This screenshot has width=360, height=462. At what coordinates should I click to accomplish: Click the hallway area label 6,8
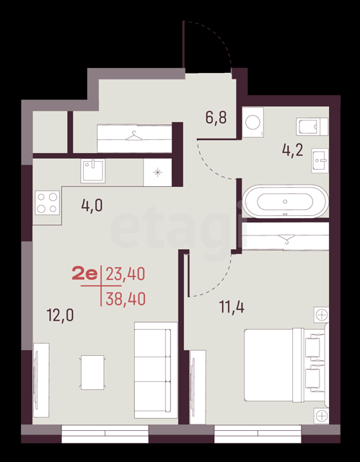coord(216,118)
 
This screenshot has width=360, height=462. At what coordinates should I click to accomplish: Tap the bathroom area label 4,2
coord(293,151)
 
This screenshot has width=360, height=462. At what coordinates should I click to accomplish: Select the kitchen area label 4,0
coord(92,205)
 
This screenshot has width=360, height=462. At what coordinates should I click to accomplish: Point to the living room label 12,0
coord(61,315)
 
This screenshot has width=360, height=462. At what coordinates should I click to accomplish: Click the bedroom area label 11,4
coord(232,308)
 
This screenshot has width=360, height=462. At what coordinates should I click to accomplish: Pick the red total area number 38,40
coord(126,300)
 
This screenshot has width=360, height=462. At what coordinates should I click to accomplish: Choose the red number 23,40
coord(126,274)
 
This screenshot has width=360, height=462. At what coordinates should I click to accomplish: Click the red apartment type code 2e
coord(84,274)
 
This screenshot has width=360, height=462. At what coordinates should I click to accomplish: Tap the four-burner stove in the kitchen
coord(47,202)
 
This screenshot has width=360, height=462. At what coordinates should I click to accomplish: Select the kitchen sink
coord(93,170)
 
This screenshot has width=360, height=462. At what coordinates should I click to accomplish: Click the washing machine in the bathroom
coord(253,122)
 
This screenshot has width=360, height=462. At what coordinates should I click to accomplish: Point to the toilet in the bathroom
coord(312,127)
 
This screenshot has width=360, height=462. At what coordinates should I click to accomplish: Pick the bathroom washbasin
coord(320,160)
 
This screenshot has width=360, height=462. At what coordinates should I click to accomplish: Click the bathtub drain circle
coord(285,201)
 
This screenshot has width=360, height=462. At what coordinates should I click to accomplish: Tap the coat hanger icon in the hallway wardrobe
coord(134,136)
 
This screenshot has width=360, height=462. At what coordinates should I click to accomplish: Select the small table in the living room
coord(92,372)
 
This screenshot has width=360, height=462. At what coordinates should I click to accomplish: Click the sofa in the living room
coord(156,370)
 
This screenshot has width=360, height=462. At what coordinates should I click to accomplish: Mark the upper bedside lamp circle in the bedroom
coord(322,315)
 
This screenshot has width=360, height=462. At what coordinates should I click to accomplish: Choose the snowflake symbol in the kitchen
coord(158,173)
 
